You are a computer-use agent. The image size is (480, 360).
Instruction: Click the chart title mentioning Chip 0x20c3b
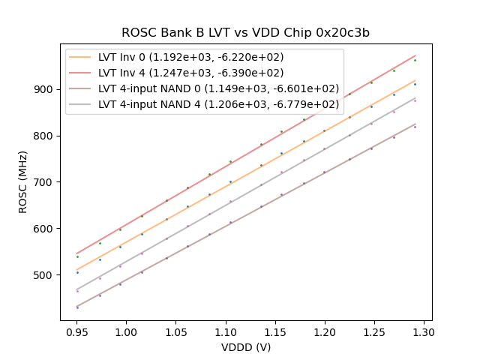(245, 33)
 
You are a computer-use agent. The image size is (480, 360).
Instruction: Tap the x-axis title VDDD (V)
(245, 347)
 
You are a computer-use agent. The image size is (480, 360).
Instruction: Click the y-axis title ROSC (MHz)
(23, 182)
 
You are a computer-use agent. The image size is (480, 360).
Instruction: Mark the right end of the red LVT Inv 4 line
(415, 55)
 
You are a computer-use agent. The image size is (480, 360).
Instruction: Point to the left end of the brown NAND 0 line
(76, 306)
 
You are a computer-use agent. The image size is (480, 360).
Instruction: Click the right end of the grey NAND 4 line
(415, 97)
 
